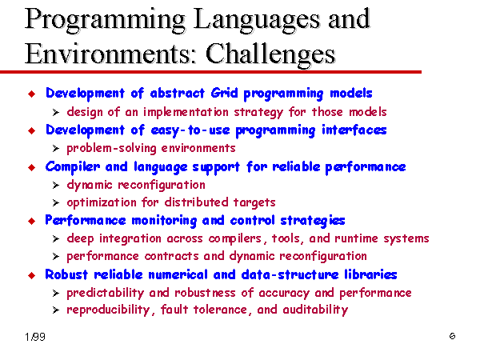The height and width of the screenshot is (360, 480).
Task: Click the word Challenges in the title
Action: pyautogui.click(x=270, y=54)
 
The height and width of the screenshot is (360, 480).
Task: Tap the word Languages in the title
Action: pyautogui.click(x=257, y=20)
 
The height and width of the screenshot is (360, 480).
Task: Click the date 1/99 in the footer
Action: pyautogui.click(x=35, y=337)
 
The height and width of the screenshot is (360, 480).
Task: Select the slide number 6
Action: pyautogui.click(x=452, y=336)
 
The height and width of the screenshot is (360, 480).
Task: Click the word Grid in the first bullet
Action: pyautogui.click(x=224, y=93)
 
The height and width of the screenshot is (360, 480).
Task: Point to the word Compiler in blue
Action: pyautogui.click(x=73, y=167)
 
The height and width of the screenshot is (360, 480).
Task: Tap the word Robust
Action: pyautogui.click(x=66, y=274)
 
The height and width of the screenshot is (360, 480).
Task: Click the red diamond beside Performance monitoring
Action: pyautogui.click(x=31, y=221)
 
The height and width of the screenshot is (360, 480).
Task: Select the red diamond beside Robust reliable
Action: pyautogui.click(x=31, y=275)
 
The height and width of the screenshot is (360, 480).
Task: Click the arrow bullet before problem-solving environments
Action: pyautogui.click(x=56, y=149)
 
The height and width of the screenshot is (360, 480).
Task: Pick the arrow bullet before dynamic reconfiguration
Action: pyautogui.click(x=56, y=186)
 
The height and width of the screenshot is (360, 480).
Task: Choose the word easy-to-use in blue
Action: pyautogui.click(x=190, y=130)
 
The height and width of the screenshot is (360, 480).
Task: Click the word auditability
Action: pyautogui.click(x=315, y=310)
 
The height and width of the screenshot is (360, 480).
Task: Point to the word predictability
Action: pyautogui.click(x=106, y=293)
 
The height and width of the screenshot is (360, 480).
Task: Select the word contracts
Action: pyautogui.click(x=171, y=256)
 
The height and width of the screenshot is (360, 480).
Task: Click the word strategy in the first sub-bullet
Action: pyautogui.click(x=258, y=112)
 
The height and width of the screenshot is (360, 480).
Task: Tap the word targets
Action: pyautogui.click(x=254, y=202)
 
